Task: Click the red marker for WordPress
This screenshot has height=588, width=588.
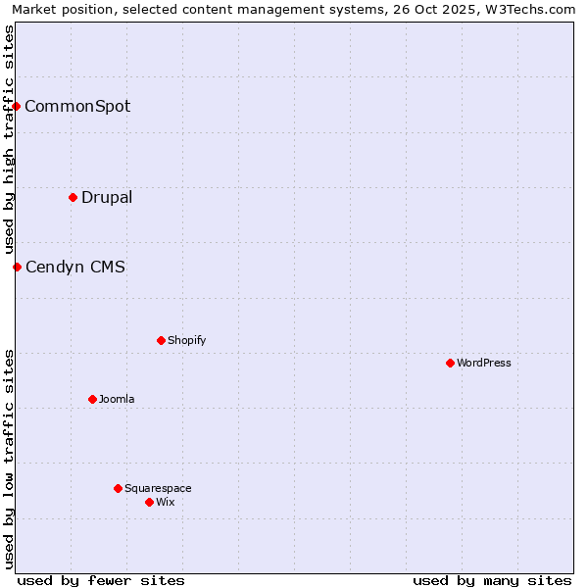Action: point(450,363)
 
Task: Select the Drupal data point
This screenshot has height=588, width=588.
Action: point(73,197)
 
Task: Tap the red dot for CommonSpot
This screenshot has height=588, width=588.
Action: point(17,106)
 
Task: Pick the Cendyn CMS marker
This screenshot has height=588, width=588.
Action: point(17,267)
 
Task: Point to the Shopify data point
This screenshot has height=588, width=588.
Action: point(161,340)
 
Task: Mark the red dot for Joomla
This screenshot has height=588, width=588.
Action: point(92,399)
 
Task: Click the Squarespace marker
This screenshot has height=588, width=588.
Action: point(118,488)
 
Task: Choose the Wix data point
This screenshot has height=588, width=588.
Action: point(149,502)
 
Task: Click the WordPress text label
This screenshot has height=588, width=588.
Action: point(484,363)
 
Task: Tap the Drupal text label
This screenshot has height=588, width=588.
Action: point(107,197)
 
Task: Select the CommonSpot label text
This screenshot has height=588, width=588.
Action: point(77,106)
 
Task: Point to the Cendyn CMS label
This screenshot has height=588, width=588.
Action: point(75,267)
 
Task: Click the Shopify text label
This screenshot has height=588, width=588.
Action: point(186,340)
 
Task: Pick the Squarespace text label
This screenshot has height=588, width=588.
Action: point(158,488)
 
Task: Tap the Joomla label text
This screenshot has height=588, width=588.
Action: point(117,399)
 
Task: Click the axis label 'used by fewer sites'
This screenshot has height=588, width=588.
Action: point(101,580)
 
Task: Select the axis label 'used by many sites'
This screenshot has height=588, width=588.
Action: point(492,580)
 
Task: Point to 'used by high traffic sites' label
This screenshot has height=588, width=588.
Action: point(9,139)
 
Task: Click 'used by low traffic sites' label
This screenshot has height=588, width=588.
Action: point(9,459)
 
